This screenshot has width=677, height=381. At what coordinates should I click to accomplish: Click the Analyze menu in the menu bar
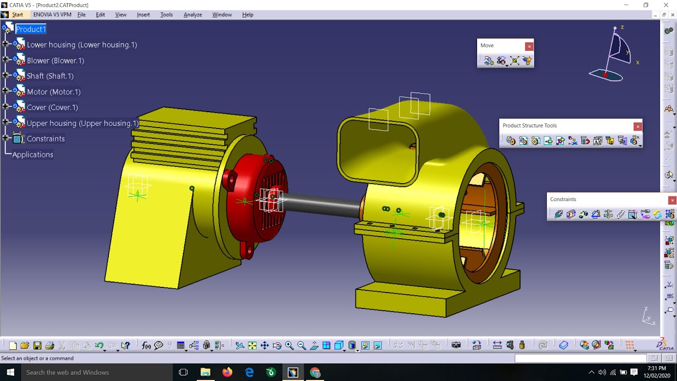pyautogui.click(x=193, y=14)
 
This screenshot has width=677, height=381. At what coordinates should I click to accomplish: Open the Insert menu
pyautogui.click(x=143, y=14)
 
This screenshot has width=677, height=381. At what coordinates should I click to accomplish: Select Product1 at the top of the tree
pyautogui.click(x=31, y=29)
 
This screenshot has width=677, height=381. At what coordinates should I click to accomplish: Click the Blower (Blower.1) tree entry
pyautogui.click(x=55, y=60)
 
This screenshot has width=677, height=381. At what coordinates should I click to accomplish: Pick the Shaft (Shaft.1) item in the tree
pyautogui.click(x=50, y=76)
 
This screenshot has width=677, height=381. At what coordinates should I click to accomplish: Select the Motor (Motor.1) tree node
pyautogui.click(x=53, y=92)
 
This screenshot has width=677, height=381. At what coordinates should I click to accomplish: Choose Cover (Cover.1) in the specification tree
pyautogui.click(x=52, y=107)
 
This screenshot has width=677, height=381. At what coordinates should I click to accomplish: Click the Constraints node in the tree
pyautogui.click(x=45, y=139)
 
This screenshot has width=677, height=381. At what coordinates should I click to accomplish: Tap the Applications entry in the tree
pyautogui.click(x=33, y=155)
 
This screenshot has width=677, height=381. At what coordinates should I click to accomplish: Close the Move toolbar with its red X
pyautogui.click(x=529, y=47)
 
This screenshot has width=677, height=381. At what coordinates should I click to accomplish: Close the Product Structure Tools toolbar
pyautogui.click(x=638, y=126)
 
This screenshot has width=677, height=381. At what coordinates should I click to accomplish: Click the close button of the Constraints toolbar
pyautogui.click(x=672, y=200)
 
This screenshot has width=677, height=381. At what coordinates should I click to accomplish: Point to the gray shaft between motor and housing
pyautogui.click(x=323, y=205)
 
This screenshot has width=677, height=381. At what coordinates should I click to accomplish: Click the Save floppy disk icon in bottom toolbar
pyautogui.click(x=38, y=346)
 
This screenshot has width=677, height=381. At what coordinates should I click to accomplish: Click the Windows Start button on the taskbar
pyautogui.click(x=10, y=372)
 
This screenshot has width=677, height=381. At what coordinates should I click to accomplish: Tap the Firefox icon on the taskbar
pyautogui.click(x=227, y=372)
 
